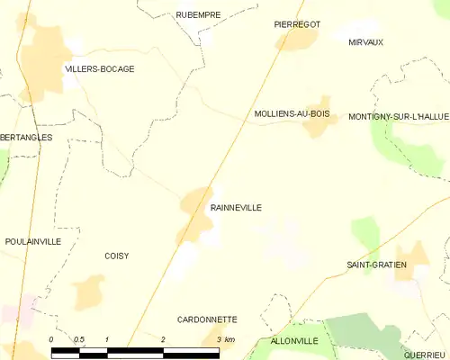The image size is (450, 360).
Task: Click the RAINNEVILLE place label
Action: click(x=236, y=207)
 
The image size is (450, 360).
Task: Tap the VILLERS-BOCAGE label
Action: click(x=100, y=68)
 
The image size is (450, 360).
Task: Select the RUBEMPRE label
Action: click(x=198, y=14)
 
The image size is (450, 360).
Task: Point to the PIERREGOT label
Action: click(x=297, y=24)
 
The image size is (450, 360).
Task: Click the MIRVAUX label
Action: click(x=365, y=42)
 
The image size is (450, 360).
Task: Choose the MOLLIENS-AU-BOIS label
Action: click(x=292, y=114)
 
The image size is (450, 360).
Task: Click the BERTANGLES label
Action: click(x=26, y=137)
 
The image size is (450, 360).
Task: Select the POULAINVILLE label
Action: click(x=32, y=241)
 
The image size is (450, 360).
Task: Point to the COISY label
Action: click(x=116, y=256)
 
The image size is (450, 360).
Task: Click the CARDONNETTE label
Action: click(x=207, y=319)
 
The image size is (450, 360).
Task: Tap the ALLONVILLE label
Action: click(x=294, y=341)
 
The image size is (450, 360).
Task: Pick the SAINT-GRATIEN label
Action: click(x=377, y=265)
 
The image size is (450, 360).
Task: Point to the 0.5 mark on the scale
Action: click(x=79, y=339)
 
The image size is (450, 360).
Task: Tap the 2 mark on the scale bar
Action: click(x=163, y=339)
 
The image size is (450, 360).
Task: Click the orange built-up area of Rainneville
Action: click(x=194, y=211)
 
